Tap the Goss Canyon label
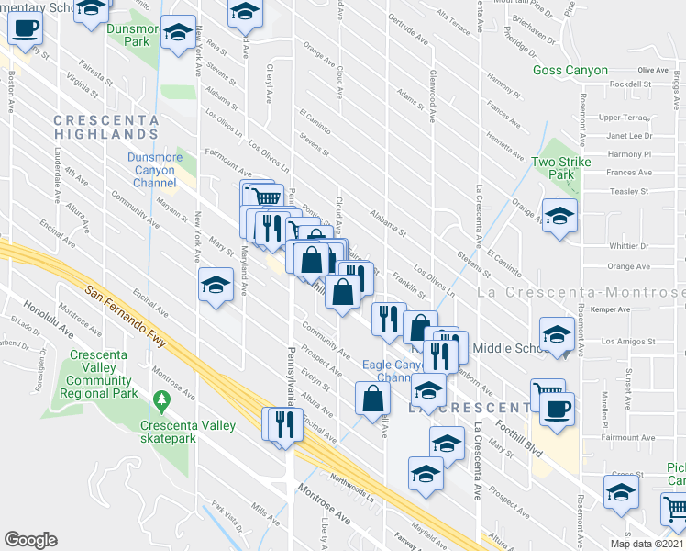(x=570, y=71)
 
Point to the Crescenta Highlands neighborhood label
(x=106, y=127)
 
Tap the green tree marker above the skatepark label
(x=163, y=400)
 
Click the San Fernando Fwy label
(x=128, y=316)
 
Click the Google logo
(x=30, y=540)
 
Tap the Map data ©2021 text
(x=647, y=544)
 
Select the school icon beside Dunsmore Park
(x=178, y=31)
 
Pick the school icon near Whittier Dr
(x=559, y=216)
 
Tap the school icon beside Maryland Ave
(x=216, y=285)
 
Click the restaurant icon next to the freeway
(x=282, y=423)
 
